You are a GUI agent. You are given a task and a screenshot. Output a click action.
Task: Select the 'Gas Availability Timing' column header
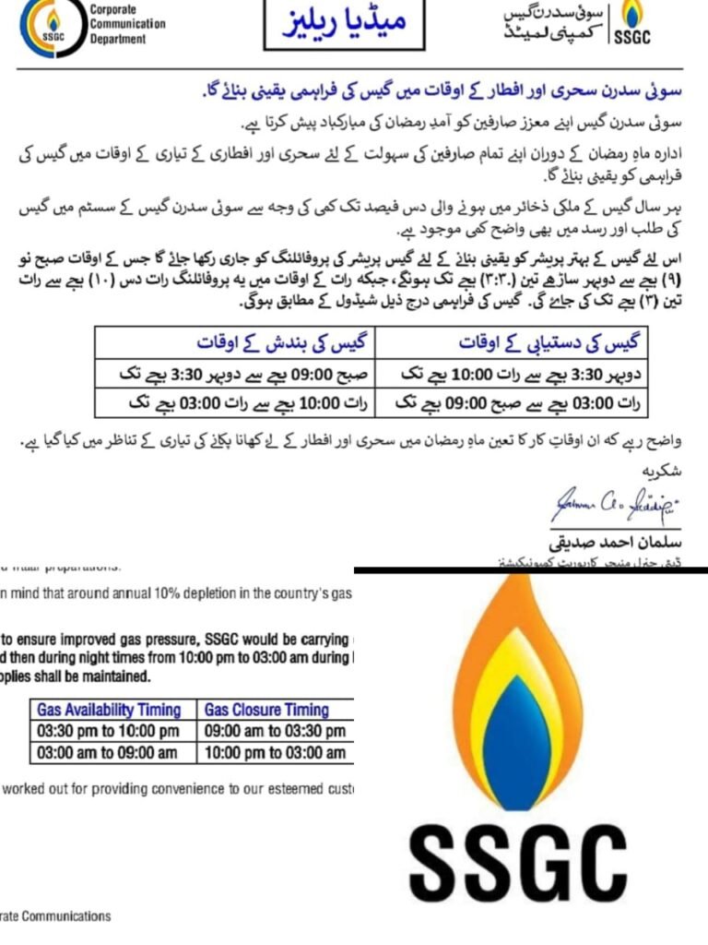point(109,710)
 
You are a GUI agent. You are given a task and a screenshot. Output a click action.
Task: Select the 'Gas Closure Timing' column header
point(266,710)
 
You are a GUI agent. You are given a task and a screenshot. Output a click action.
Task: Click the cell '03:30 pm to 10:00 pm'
point(108,731)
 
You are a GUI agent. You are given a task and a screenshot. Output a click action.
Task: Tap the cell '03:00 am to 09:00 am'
point(108,752)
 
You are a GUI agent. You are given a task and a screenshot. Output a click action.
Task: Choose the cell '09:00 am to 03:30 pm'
point(276,731)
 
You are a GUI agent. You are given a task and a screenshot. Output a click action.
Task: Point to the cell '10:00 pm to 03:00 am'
point(276,752)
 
